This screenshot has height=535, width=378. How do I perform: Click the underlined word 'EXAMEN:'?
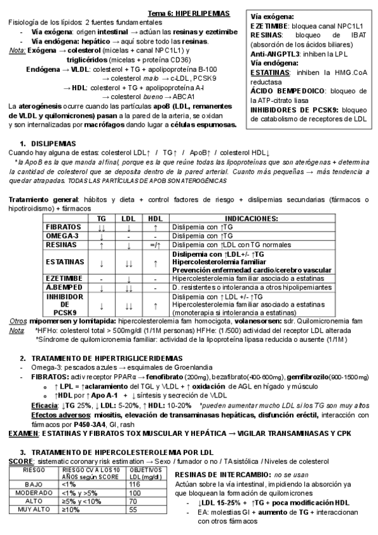(20, 434)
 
